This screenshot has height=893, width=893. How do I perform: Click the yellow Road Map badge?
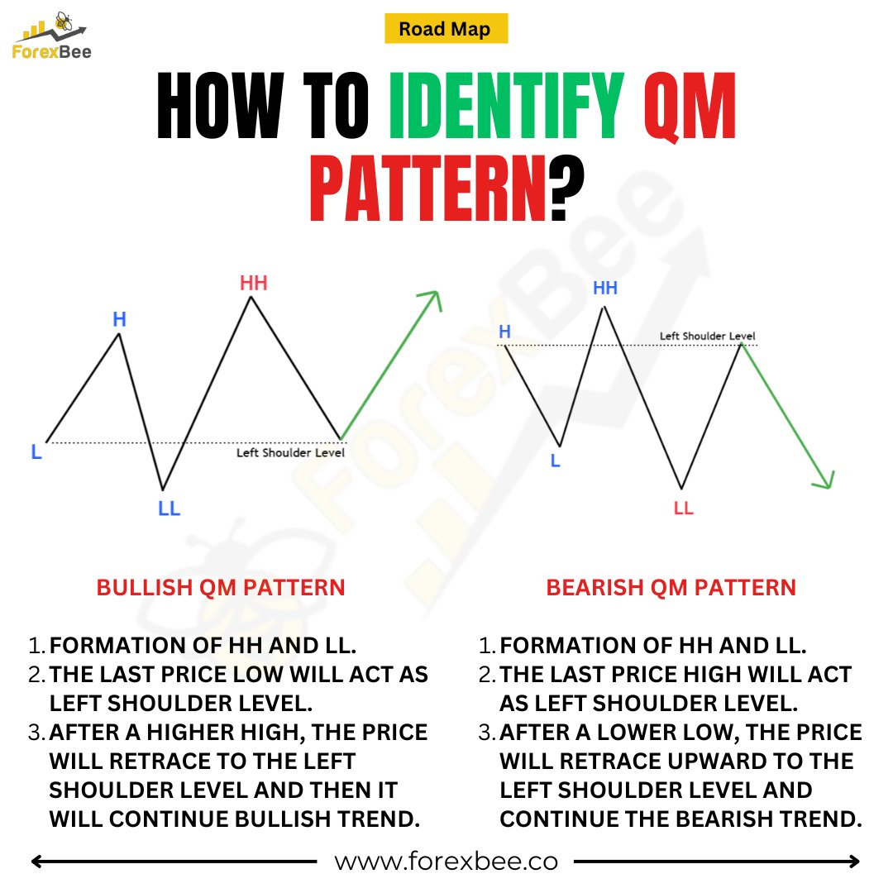pos(446,29)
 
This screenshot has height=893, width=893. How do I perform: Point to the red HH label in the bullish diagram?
pos(254,284)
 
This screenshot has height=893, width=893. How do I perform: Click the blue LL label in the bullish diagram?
pos(169,509)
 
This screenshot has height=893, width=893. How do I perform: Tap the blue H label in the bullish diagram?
pos(119,318)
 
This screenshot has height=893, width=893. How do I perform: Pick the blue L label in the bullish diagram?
pos(36,452)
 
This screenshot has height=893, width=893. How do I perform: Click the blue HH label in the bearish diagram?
pos(605,289)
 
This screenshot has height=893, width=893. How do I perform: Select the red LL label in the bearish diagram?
pos(683,508)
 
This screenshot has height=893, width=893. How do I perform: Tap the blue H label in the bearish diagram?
pos(504,332)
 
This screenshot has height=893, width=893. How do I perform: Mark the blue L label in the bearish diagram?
pos(555,461)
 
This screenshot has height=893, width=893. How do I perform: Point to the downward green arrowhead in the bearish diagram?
pos(825,480)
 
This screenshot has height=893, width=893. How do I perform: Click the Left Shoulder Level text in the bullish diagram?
pos(290,452)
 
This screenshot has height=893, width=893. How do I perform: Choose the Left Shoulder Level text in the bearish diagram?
pos(707,336)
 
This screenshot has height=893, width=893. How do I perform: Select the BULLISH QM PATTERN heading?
pos(221,588)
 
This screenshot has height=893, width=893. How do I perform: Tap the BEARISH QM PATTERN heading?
pos(671,588)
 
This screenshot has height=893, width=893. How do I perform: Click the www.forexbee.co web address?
pos(446,862)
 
